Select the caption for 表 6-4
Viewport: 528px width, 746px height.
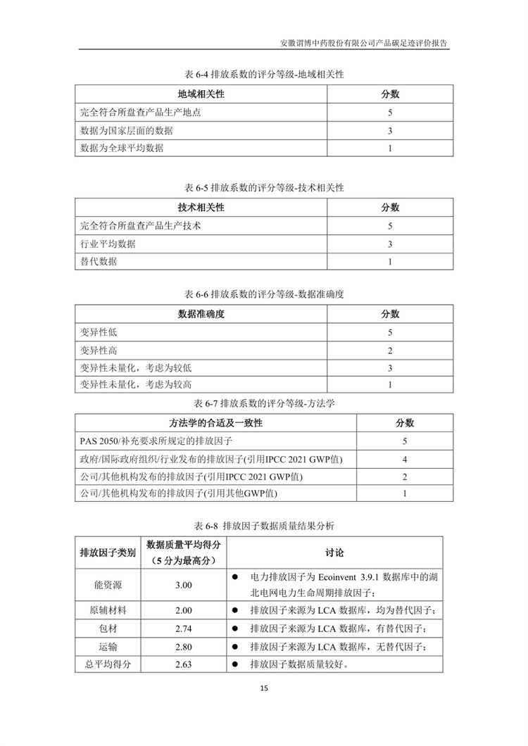263,73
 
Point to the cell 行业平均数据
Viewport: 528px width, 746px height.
108,244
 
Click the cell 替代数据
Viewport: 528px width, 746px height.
99,262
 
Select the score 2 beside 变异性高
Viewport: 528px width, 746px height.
389,350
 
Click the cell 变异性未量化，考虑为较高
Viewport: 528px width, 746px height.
137,385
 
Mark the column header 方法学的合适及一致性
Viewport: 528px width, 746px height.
215,423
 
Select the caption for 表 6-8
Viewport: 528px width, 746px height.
263,526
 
